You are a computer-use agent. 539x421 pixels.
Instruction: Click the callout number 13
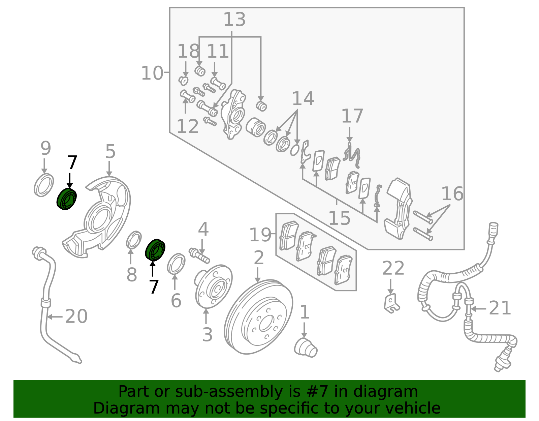coord(234,19)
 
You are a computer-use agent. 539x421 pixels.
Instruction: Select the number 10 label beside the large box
coord(152,73)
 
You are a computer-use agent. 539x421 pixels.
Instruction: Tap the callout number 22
coord(393,268)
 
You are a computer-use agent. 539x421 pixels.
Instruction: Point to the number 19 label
coord(260,235)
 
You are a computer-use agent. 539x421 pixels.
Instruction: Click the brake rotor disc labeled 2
coord(258,317)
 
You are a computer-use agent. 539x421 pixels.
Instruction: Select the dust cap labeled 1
coord(306,348)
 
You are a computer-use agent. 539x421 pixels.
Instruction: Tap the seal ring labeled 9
coord(44,185)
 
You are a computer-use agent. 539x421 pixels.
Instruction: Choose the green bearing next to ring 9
coord(66,199)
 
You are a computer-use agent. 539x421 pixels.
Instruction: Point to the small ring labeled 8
coord(134,239)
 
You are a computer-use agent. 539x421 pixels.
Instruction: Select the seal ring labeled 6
coord(176,264)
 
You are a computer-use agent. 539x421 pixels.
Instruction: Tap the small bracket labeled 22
coord(391,303)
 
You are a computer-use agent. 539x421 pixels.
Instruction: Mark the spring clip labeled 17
coord(351,155)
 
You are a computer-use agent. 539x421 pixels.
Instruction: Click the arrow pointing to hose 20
coord(55,317)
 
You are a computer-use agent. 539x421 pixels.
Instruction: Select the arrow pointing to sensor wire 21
coord(478,309)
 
